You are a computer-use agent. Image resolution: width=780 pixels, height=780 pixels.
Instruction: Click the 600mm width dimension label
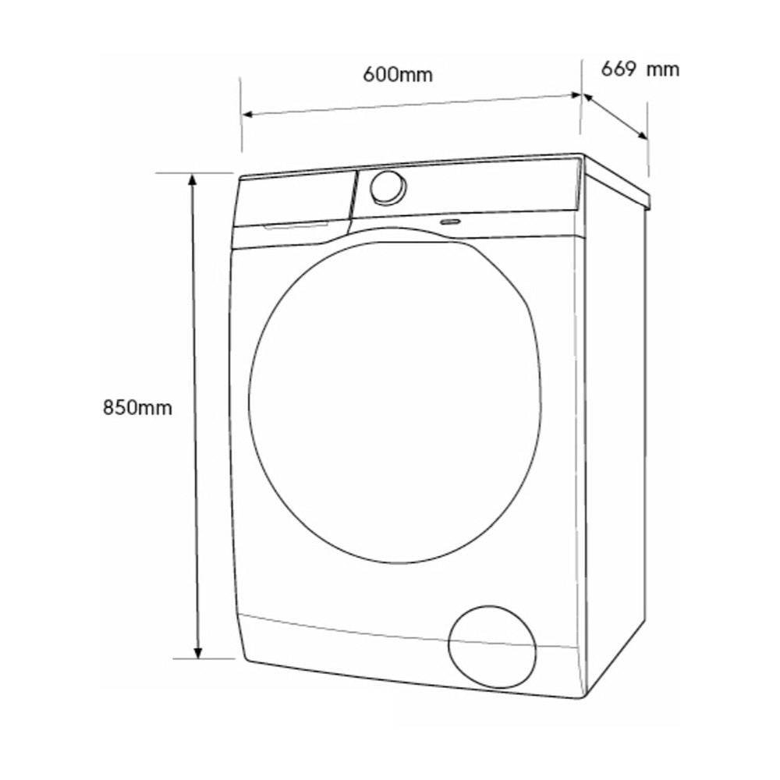click(398, 75)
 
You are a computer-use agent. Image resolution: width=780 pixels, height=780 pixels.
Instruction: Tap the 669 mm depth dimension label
click(640, 69)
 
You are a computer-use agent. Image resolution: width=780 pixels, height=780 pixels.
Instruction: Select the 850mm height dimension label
click(137, 407)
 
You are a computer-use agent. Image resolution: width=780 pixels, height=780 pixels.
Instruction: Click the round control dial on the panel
click(388, 187)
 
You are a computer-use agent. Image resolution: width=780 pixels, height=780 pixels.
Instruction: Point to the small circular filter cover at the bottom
click(492, 647)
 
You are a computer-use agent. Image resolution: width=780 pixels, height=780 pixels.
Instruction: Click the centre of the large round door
click(395, 402)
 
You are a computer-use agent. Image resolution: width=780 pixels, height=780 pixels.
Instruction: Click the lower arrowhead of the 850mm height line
click(198, 652)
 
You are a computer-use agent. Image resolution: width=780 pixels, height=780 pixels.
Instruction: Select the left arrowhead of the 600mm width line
click(249, 115)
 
